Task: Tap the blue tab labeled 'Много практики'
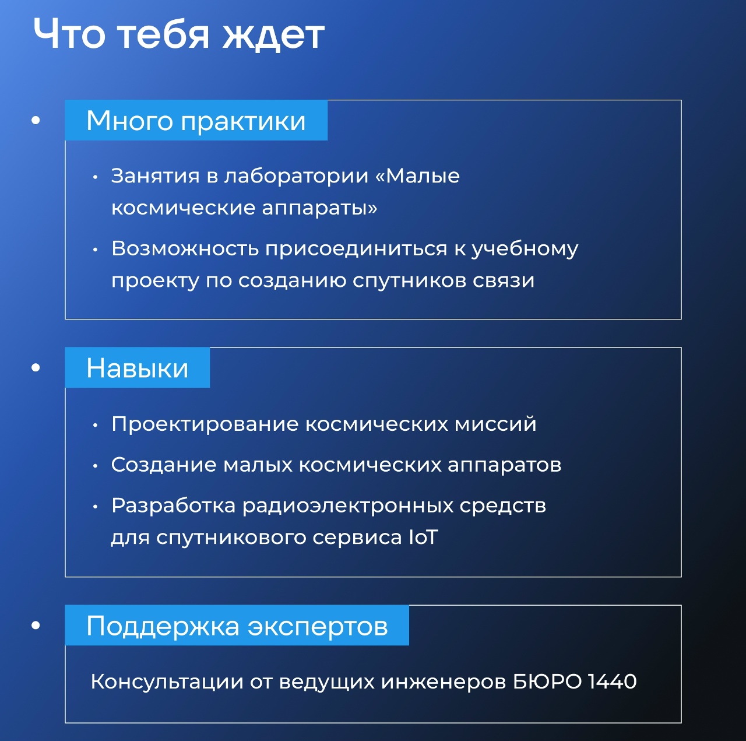(x=196, y=120)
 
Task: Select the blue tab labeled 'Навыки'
(x=137, y=367)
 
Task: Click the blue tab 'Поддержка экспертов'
(x=237, y=625)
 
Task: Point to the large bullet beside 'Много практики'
(x=36, y=120)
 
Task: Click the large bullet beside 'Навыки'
(x=36, y=367)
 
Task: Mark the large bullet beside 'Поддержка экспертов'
(x=36, y=625)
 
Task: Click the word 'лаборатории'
(x=297, y=177)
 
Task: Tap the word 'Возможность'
(x=185, y=248)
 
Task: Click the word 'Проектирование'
(x=205, y=424)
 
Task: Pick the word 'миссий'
(x=495, y=424)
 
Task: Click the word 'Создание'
(x=164, y=465)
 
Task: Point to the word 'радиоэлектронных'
(x=347, y=506)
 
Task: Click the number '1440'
(x=612, y=682)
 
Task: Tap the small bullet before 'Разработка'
(x=95, y=507)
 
